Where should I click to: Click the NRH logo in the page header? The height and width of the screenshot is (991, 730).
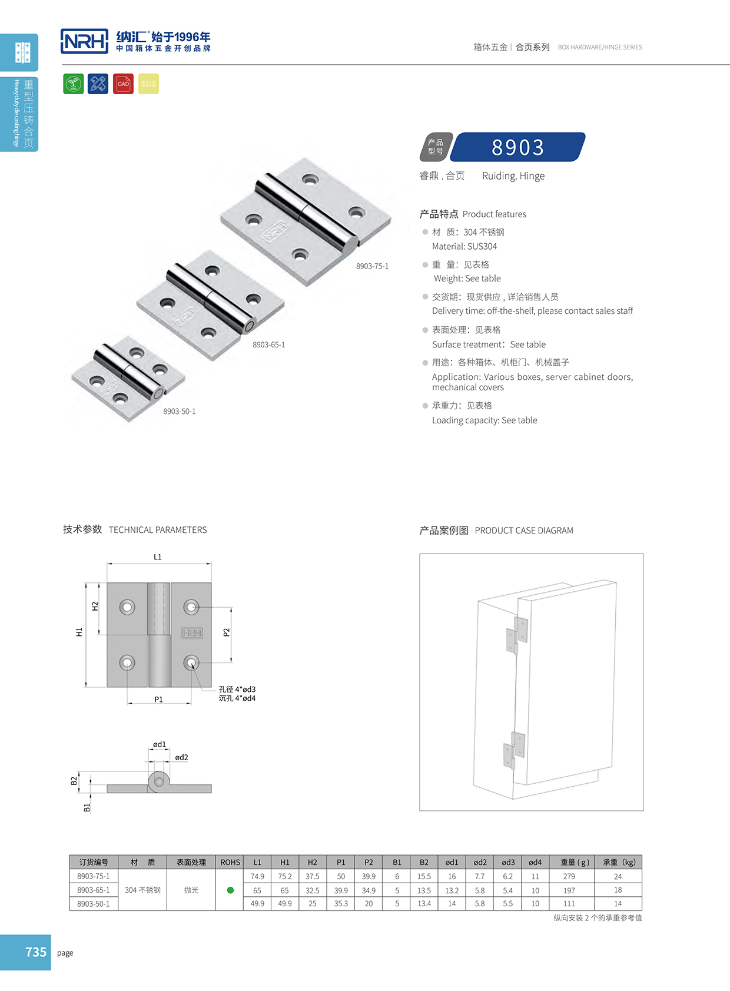coord(84,41)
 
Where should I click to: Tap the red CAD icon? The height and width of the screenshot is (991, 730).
coord(123,84)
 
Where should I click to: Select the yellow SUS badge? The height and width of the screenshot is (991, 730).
coord(148,84)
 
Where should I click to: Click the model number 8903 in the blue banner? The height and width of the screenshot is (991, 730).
coord(518,147)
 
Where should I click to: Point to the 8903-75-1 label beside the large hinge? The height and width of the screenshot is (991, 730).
coord(372,266)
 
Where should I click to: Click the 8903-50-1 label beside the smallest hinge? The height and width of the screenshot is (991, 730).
coord(180,411)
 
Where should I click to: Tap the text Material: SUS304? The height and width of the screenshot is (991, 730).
coord(464,246)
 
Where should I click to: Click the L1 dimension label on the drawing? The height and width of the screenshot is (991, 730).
coord(158,556)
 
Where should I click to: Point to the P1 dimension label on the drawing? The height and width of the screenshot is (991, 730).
coord(158,700)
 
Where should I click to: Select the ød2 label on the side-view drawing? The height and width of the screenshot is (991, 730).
coord(181,757)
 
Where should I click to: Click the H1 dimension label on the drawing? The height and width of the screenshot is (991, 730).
coord(79,632)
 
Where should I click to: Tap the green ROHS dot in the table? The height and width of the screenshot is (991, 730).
coord(230,890)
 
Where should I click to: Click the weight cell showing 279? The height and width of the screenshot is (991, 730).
coord(569,876)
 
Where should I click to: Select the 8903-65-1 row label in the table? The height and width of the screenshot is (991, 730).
coord(94,890)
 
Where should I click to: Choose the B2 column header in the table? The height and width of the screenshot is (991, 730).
coord(424,862)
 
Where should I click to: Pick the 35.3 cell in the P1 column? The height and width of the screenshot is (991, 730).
coord(341,903)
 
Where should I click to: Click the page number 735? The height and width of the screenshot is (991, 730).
coord(35,952)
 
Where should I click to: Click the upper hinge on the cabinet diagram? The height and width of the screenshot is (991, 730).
coord(516,635)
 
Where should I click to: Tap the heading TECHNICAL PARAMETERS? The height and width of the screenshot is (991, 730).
coord(158,530)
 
